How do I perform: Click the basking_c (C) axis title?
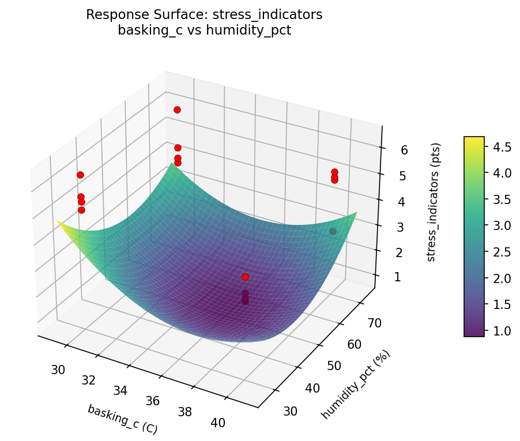click(122, 419)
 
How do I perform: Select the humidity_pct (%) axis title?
click(356, 385)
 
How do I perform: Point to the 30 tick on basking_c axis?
click(58, 370)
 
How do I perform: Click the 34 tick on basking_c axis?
click(120, 390)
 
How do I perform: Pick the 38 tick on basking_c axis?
click(185, 412)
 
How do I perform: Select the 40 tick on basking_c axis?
click(218, 423)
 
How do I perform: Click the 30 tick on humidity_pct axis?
click(292, 410)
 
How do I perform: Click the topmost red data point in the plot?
click(177, 110)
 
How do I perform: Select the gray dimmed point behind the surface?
click(333, 231)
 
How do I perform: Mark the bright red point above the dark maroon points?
click(245, 277)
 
